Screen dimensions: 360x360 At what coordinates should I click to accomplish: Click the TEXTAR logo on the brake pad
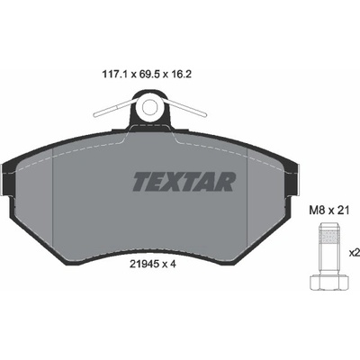pos(184,182)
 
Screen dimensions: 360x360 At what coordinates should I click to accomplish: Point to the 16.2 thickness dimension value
pos(182,74)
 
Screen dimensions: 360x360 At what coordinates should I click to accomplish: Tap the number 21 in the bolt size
pos(344,211)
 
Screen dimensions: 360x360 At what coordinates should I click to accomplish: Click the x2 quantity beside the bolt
pos(355,253)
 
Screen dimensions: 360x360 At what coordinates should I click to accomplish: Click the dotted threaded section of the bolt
pos(328,238)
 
